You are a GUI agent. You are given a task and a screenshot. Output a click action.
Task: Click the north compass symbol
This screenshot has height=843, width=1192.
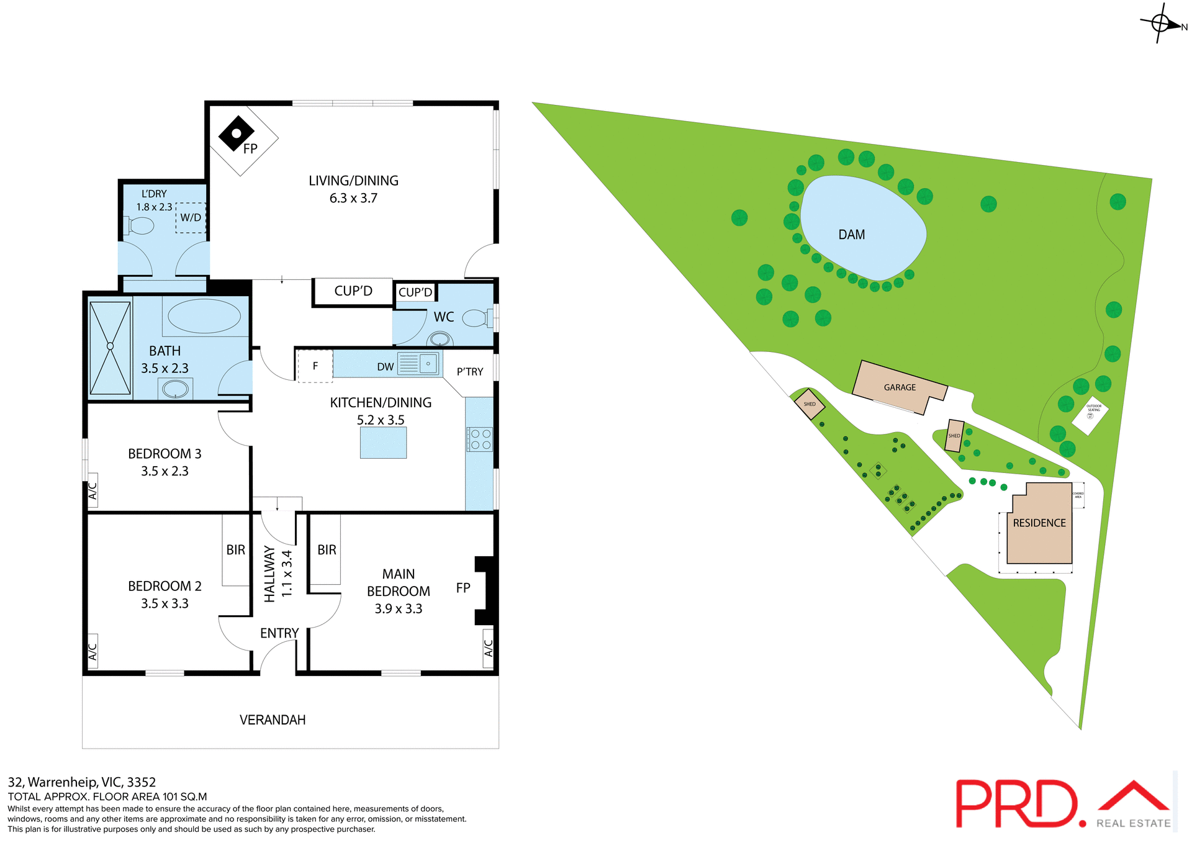tap(1160, 24)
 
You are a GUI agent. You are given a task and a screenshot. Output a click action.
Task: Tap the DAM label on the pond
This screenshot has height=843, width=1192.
tap(851, 235)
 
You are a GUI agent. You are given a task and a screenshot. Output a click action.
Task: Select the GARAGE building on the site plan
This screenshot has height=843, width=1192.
tap(900, 387)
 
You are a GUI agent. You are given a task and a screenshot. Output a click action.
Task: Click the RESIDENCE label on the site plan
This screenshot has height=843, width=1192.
tap(1039, 523)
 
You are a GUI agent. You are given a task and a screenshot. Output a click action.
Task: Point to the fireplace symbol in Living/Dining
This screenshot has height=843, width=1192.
tap(236, 133)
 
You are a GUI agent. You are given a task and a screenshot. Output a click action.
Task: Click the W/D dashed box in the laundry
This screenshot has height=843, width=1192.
tap(191, 218)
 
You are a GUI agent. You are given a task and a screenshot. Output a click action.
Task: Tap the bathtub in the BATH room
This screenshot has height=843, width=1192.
tap(204, 316)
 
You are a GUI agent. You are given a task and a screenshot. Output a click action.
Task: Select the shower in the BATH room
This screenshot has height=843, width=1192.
tap(110, 348)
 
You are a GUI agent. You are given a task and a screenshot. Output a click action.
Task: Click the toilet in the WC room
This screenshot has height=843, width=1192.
tap(476, 318)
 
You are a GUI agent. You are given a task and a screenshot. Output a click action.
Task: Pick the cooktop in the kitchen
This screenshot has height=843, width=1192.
tap(479, 439)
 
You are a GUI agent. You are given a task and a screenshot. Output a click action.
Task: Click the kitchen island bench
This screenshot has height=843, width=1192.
tap(383, 443)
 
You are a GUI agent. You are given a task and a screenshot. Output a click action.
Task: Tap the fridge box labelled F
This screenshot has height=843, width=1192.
tap(315, 366)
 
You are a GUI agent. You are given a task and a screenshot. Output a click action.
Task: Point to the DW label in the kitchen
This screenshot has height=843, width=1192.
tap(386, 367)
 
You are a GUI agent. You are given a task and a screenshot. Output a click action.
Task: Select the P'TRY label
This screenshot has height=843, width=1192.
tap(470, 372)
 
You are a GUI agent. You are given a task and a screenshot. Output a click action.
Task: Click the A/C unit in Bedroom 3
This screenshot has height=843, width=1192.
tap(93, 491)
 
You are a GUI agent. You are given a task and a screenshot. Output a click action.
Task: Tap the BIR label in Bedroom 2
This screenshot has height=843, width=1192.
tap(236, 550)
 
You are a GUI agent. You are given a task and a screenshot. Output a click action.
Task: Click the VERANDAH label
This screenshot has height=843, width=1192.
tap(273, 720)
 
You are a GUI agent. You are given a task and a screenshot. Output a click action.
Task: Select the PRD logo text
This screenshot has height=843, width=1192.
tap(1016, 804)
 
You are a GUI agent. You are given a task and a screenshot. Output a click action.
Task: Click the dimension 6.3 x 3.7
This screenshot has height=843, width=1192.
tap(353, 198)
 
